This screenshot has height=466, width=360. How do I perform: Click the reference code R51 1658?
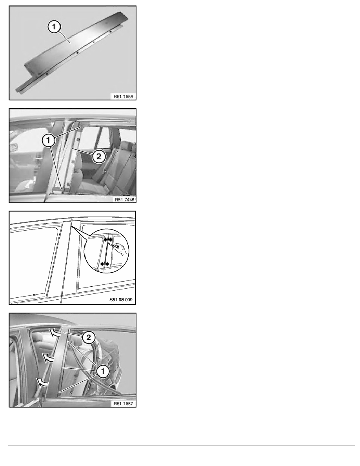point(123,96)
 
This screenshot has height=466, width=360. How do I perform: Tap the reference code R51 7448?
point(124,199)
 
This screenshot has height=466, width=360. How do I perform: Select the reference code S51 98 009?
point(121,300)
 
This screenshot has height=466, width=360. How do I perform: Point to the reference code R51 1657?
point(123,404)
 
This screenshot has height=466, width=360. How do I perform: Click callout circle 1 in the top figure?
point(54,27)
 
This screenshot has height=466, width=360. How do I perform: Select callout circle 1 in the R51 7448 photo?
point(48,140)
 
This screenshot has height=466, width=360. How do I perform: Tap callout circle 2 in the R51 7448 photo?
point(98,157)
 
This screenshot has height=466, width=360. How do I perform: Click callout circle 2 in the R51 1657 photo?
point(89,338)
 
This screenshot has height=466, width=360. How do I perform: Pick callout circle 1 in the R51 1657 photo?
point(103,371)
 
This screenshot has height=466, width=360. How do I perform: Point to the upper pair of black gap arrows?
point(108,238)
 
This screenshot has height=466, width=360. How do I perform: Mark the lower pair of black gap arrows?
point(105,264)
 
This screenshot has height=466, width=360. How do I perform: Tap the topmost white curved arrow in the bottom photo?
point(55,332)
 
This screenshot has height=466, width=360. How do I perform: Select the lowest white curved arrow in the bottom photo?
point(42,382)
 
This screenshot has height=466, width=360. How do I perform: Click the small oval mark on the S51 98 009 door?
point(34,295)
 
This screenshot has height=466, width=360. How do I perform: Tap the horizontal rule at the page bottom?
point(182,446)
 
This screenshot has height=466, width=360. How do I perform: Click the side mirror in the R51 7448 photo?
point(13,148)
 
